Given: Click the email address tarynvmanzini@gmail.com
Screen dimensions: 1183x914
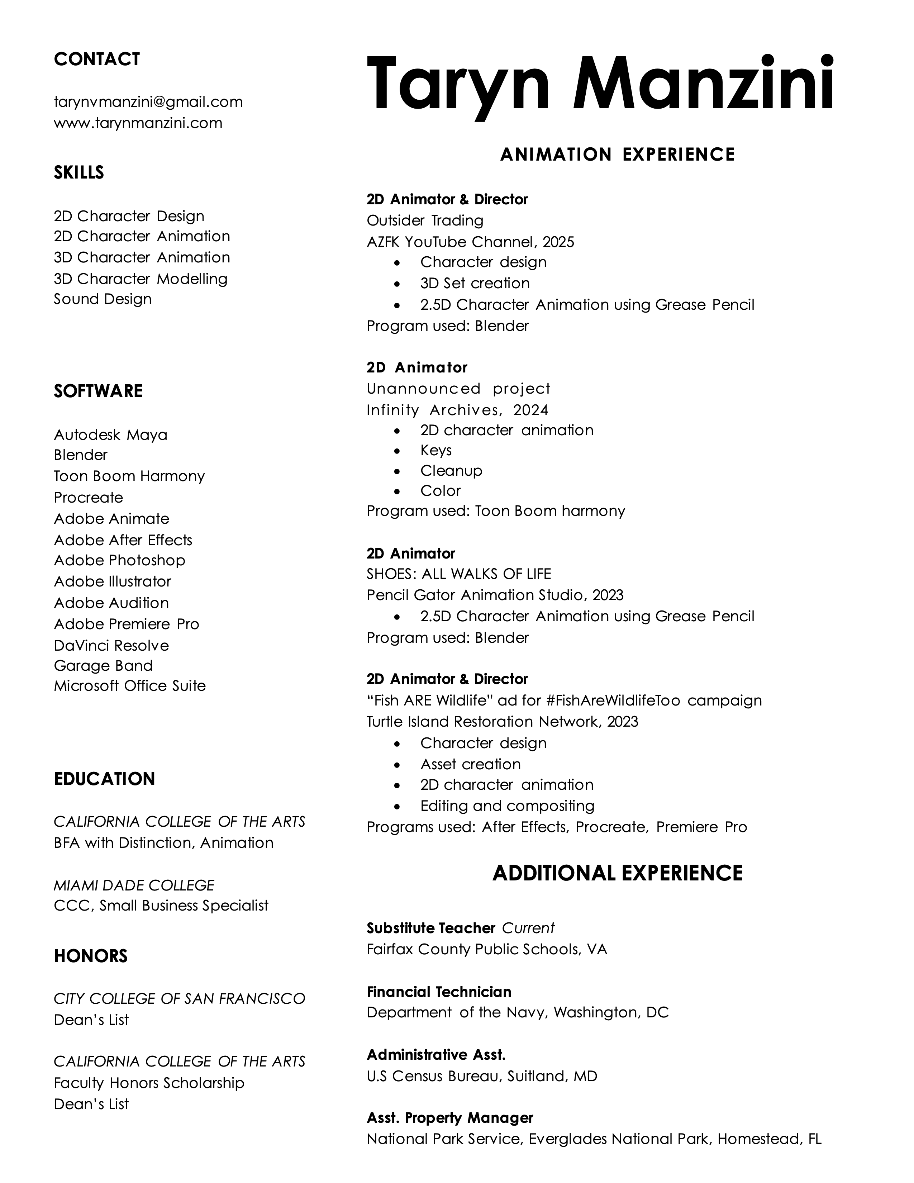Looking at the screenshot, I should point(148,102).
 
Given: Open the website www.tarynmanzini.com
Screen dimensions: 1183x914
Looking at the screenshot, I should point(138,123).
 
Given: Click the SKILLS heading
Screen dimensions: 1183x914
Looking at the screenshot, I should point(78,172).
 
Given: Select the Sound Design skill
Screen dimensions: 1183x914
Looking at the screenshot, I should point(103,299).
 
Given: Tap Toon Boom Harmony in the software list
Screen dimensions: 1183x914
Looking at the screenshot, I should point(129,476).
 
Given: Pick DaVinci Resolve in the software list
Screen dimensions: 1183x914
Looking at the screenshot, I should point(111,645).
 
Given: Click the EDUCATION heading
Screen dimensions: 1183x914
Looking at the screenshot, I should point(104,779).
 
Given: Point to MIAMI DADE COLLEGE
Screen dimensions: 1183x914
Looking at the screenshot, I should point(134,885).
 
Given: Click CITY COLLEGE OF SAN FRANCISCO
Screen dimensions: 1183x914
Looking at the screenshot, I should point(179,998).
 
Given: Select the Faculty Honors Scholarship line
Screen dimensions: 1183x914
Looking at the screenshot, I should point(149,1083).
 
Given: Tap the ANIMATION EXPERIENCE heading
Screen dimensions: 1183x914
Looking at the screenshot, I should point(617,155).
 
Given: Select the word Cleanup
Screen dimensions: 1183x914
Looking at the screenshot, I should point(451,471).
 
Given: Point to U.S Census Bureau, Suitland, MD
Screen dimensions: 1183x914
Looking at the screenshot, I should point(481,1076).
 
